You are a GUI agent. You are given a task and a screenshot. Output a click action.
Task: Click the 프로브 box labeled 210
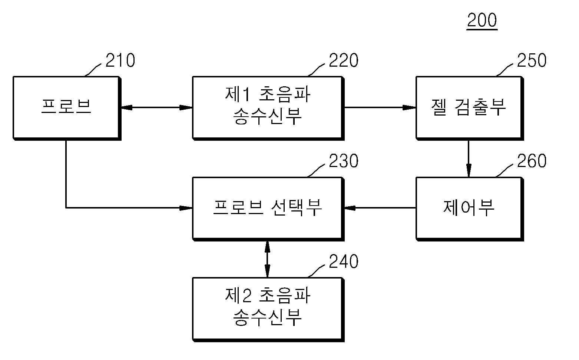tap(67, 108)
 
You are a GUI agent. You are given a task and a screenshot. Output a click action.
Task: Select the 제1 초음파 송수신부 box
tap(268, 108)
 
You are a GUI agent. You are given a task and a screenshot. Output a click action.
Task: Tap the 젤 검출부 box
tap(470, 108)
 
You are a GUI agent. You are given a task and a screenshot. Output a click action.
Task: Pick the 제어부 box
tap(470, 209)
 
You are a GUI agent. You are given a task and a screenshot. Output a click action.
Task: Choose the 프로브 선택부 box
tap(268, 209)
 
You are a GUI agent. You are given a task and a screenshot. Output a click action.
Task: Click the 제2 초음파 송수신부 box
tap(268, 310)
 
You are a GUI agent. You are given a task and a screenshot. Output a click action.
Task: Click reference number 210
tap(120, 60)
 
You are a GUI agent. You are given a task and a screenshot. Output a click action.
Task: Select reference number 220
tap(344, 60)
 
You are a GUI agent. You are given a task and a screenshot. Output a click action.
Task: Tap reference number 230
tap(344, 161)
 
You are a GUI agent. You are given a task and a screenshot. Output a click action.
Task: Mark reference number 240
tap(344, 261)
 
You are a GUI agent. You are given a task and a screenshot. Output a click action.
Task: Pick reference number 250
tap(532, 60)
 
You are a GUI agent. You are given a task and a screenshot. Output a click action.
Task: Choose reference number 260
tap(532, 161)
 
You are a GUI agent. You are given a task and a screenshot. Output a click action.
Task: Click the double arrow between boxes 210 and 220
tap(157, 107)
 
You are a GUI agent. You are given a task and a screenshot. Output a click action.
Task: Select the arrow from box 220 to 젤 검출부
tap(380, 107)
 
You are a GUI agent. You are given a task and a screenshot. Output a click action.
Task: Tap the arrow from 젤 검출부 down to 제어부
tap(469, 159)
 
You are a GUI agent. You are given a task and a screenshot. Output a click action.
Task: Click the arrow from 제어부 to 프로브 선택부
tap(380, 208)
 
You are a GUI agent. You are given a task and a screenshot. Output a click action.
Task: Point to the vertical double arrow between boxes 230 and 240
tap(268, 259)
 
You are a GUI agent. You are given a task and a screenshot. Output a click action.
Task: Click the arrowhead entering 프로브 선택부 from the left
tap(186, 208)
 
